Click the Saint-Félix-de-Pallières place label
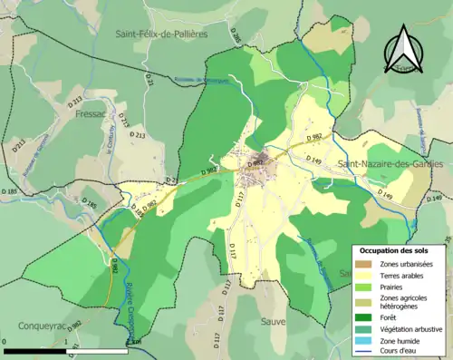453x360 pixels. pyautogui.click(x=161, y=34)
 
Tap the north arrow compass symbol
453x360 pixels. pyautogui.click(x=402, y=53)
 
